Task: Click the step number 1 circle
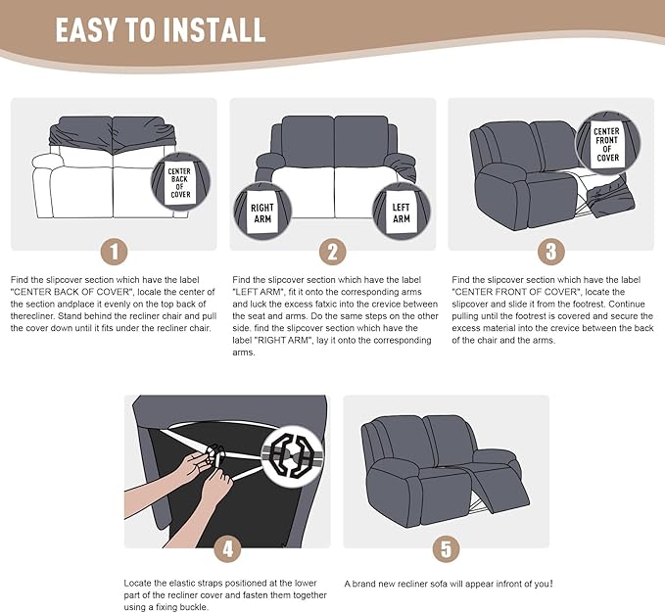pos(114,252)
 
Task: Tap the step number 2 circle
pos(333,252)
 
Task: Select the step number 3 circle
pos(551,252)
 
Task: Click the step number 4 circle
pos(228,549)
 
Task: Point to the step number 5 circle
pos(447,549)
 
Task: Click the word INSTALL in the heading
pos(214,29)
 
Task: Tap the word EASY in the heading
pos(86,29)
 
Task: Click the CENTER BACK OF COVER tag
pos(180,183)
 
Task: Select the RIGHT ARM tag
pos(262,213)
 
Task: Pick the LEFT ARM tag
pos(401,212)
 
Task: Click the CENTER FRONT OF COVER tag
pos(607,145)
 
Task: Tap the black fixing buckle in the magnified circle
pos(291,455)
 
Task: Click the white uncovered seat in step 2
pos(335,193)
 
